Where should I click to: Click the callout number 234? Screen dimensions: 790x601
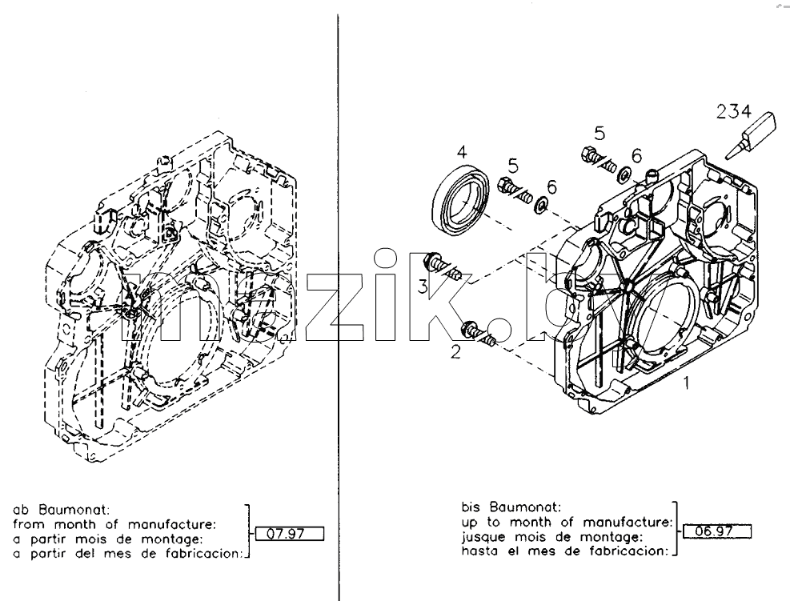pos(733,111)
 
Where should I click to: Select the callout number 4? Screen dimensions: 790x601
pos(462,151)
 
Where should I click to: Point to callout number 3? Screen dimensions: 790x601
pos(422,286)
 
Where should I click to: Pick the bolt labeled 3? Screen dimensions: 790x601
pos(443,266)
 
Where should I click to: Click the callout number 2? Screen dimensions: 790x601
pos(455,352)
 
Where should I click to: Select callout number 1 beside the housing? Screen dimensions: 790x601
pos(686,383)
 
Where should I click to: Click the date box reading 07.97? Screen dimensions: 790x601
pos(290,534)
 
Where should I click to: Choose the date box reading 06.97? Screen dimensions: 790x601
pos(717,531)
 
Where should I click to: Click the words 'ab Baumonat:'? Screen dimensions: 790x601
pos(62,509)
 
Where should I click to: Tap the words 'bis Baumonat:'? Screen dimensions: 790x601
pos(511,507)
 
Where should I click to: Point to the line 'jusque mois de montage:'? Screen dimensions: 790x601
pos(551,536)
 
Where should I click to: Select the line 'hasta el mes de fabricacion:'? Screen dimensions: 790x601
pos(565,551)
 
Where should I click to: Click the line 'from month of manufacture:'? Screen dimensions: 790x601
pos(114,524)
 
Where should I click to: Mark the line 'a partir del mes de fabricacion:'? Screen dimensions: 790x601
pos(128,554)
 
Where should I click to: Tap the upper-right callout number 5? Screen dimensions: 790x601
pos(600,134)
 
